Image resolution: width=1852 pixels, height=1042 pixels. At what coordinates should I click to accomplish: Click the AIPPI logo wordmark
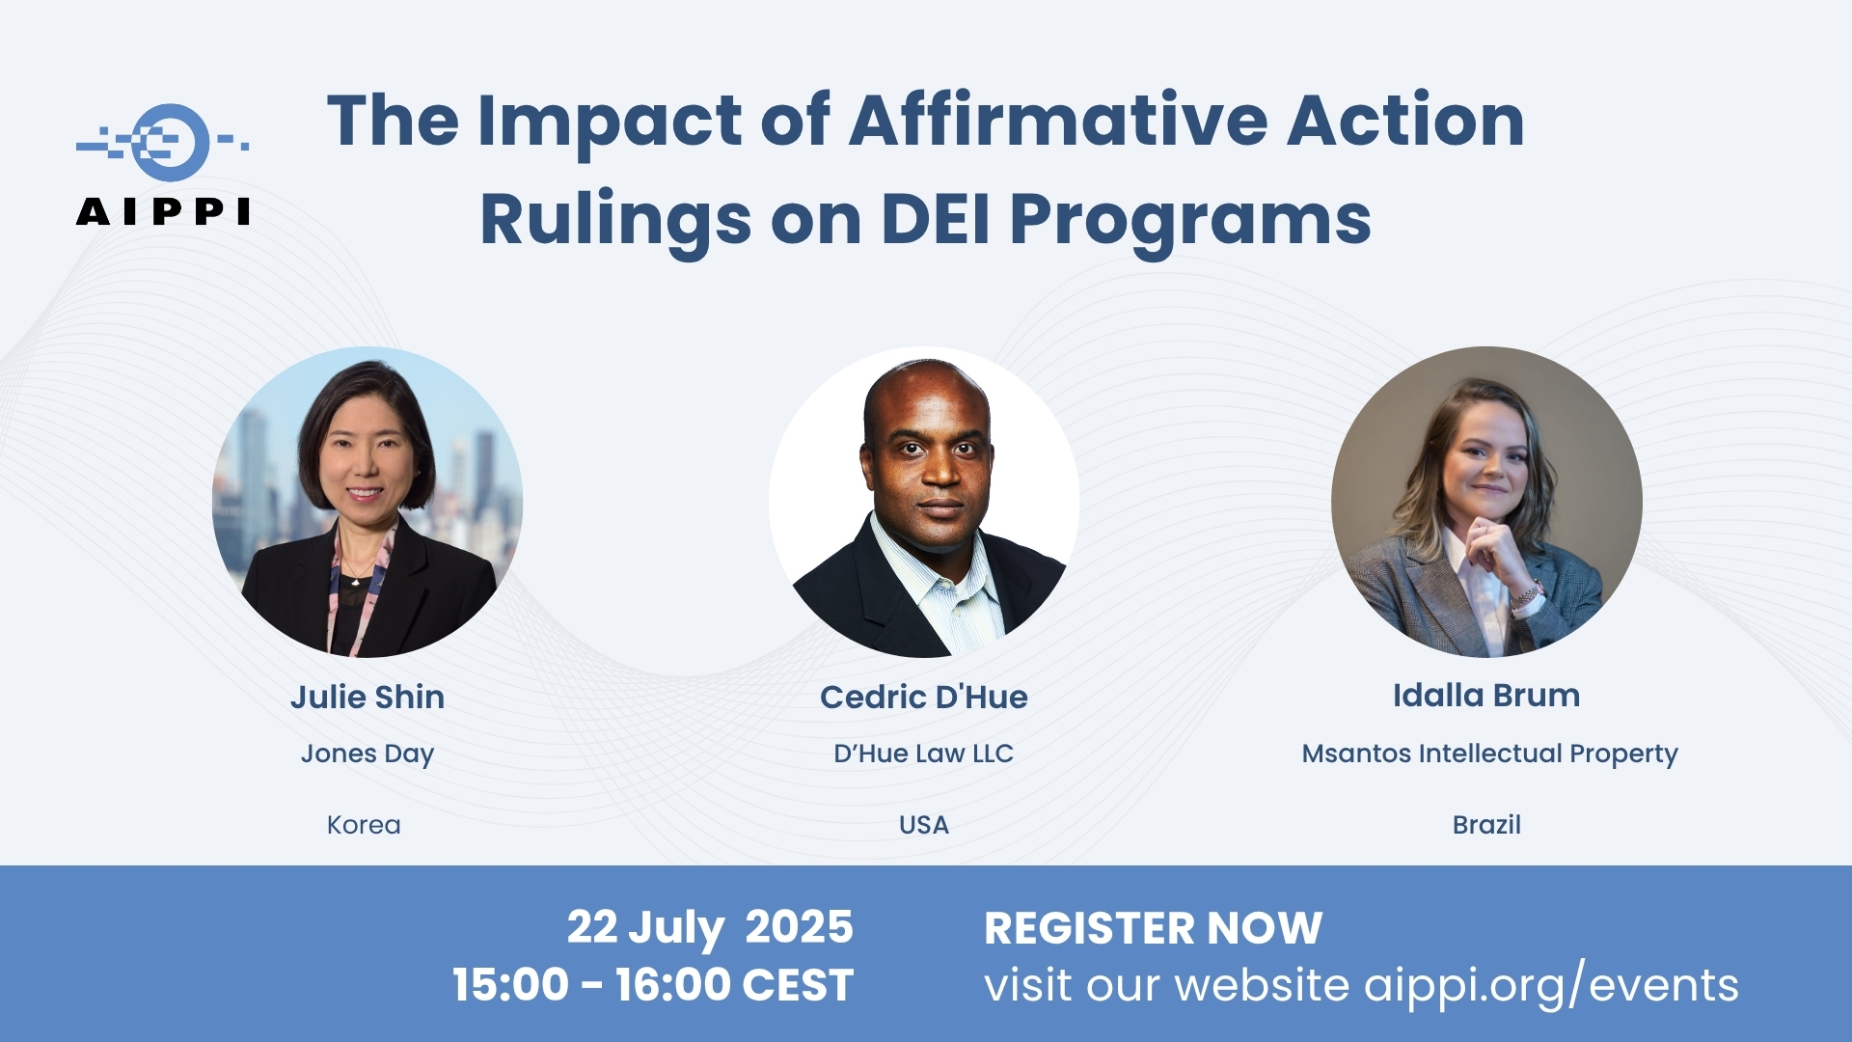(x=163, y=211)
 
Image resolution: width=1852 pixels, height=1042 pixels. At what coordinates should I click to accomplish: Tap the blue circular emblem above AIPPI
(x=171, y=143)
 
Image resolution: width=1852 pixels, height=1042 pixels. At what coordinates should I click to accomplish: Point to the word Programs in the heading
(x=1190, y=222)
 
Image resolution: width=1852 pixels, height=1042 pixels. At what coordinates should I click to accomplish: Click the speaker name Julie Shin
(x=368, y=697)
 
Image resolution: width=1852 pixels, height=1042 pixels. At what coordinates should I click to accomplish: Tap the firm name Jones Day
(x=368, y=754)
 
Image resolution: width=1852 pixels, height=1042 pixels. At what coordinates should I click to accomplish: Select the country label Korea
(x=364, y=825)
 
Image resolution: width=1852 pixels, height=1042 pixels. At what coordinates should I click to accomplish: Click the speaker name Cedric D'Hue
(x=924, y=697)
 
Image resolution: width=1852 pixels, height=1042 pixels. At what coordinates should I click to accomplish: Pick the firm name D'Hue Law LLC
(x=924, y=754)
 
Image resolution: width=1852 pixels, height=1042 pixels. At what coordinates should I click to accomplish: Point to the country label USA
(x=924, y=825)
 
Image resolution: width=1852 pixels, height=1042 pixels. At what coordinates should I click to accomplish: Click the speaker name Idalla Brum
(x=1486, y=695)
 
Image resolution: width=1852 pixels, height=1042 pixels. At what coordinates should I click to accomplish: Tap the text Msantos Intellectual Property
(x=1490, y=754)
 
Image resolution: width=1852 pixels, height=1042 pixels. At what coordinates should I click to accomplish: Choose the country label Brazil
(x=1486, y=825)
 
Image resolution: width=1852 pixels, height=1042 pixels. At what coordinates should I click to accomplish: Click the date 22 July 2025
(x=710, y=928)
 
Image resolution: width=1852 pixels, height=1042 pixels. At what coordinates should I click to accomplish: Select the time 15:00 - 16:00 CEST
(x=654, y=985)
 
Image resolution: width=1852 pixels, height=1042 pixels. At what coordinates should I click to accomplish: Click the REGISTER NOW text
(x=1154, y=928)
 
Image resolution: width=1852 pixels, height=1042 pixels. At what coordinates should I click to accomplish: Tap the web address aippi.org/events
(x=1552, y=986)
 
